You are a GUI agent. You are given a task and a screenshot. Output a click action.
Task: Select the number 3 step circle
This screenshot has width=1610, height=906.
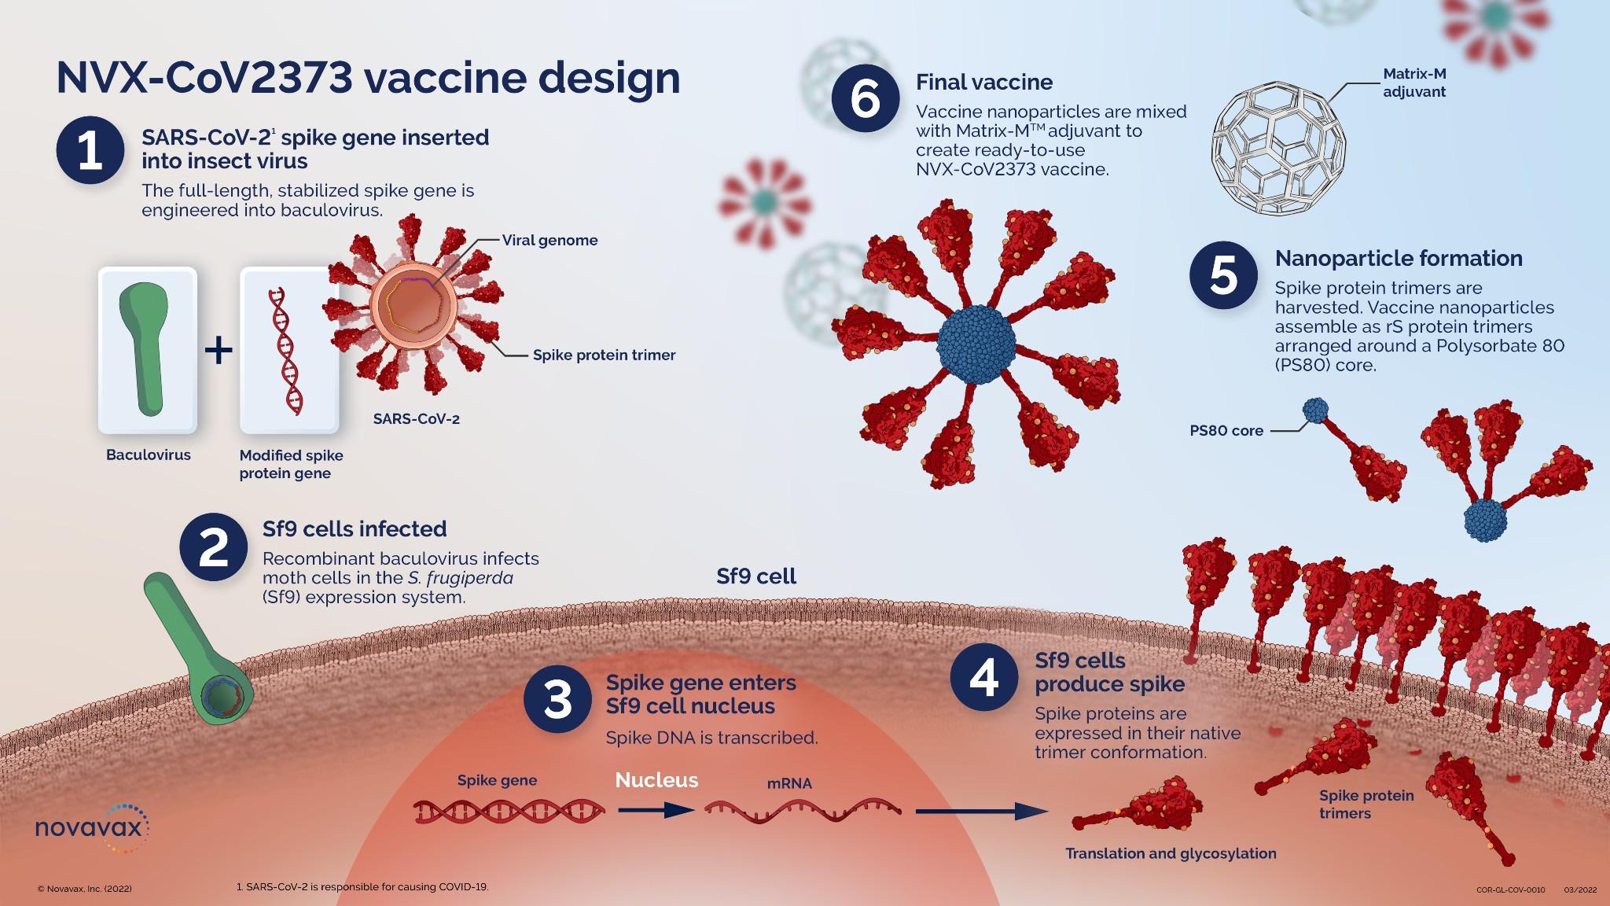pyautogui.click(x=557, y=700)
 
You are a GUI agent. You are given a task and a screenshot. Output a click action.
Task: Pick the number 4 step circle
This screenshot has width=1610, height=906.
pyautogui.click(x=983, y=678)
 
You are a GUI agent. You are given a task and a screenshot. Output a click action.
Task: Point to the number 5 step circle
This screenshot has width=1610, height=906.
pyautogui.click(x=1223, y=276)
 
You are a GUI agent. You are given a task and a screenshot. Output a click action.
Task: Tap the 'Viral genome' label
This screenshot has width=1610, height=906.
pyautogui.click(x=550, y=241)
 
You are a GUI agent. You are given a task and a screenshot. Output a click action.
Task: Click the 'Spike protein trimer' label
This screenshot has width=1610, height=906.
pyautogui.click(x=604, y=355)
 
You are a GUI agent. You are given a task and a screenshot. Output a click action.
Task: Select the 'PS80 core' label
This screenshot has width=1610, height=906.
pyautogui.click(x=1226, y=431)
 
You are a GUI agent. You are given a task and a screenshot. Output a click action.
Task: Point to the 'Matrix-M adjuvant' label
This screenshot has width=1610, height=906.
pyautogui.click(x=1414, y=83)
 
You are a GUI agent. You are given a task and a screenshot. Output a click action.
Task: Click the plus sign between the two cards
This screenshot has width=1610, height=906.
pyautogui.click(x=219, y=350)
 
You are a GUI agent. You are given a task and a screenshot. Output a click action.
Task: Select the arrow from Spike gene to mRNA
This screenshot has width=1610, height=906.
pyautogui.click(x=654, y=810)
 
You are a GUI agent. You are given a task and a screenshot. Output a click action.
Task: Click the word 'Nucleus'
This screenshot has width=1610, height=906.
pyautogui.click(x=656, y=780)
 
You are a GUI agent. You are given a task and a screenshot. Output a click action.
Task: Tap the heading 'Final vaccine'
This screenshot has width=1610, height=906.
pyautogui.click(x=983, y=83)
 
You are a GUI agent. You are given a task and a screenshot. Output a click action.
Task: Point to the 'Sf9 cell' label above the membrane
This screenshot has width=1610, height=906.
pyautogui.click(x=756, y=577)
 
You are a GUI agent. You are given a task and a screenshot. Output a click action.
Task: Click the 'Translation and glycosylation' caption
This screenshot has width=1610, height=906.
pyautogui.click(x=1171, y=854)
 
